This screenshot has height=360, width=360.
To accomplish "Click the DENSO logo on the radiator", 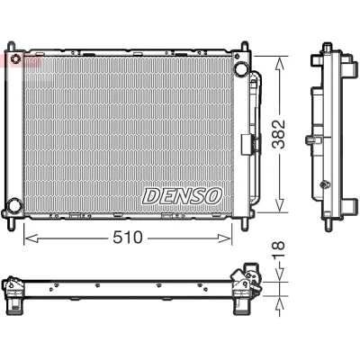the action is pos(183,196).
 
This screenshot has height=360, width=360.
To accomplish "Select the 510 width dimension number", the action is pos(127,238).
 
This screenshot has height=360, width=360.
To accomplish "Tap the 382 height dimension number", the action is pos(278,134).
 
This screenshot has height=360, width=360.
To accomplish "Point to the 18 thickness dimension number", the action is pos(278,250).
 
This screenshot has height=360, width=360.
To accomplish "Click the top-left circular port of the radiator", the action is pos(16,58).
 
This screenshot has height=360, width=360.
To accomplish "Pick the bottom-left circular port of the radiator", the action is pos(13,205).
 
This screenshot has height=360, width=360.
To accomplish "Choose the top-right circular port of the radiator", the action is pos(241,68).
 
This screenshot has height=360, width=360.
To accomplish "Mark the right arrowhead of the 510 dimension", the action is pos(225,238).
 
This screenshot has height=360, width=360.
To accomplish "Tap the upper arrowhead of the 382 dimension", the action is pos(279,64).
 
